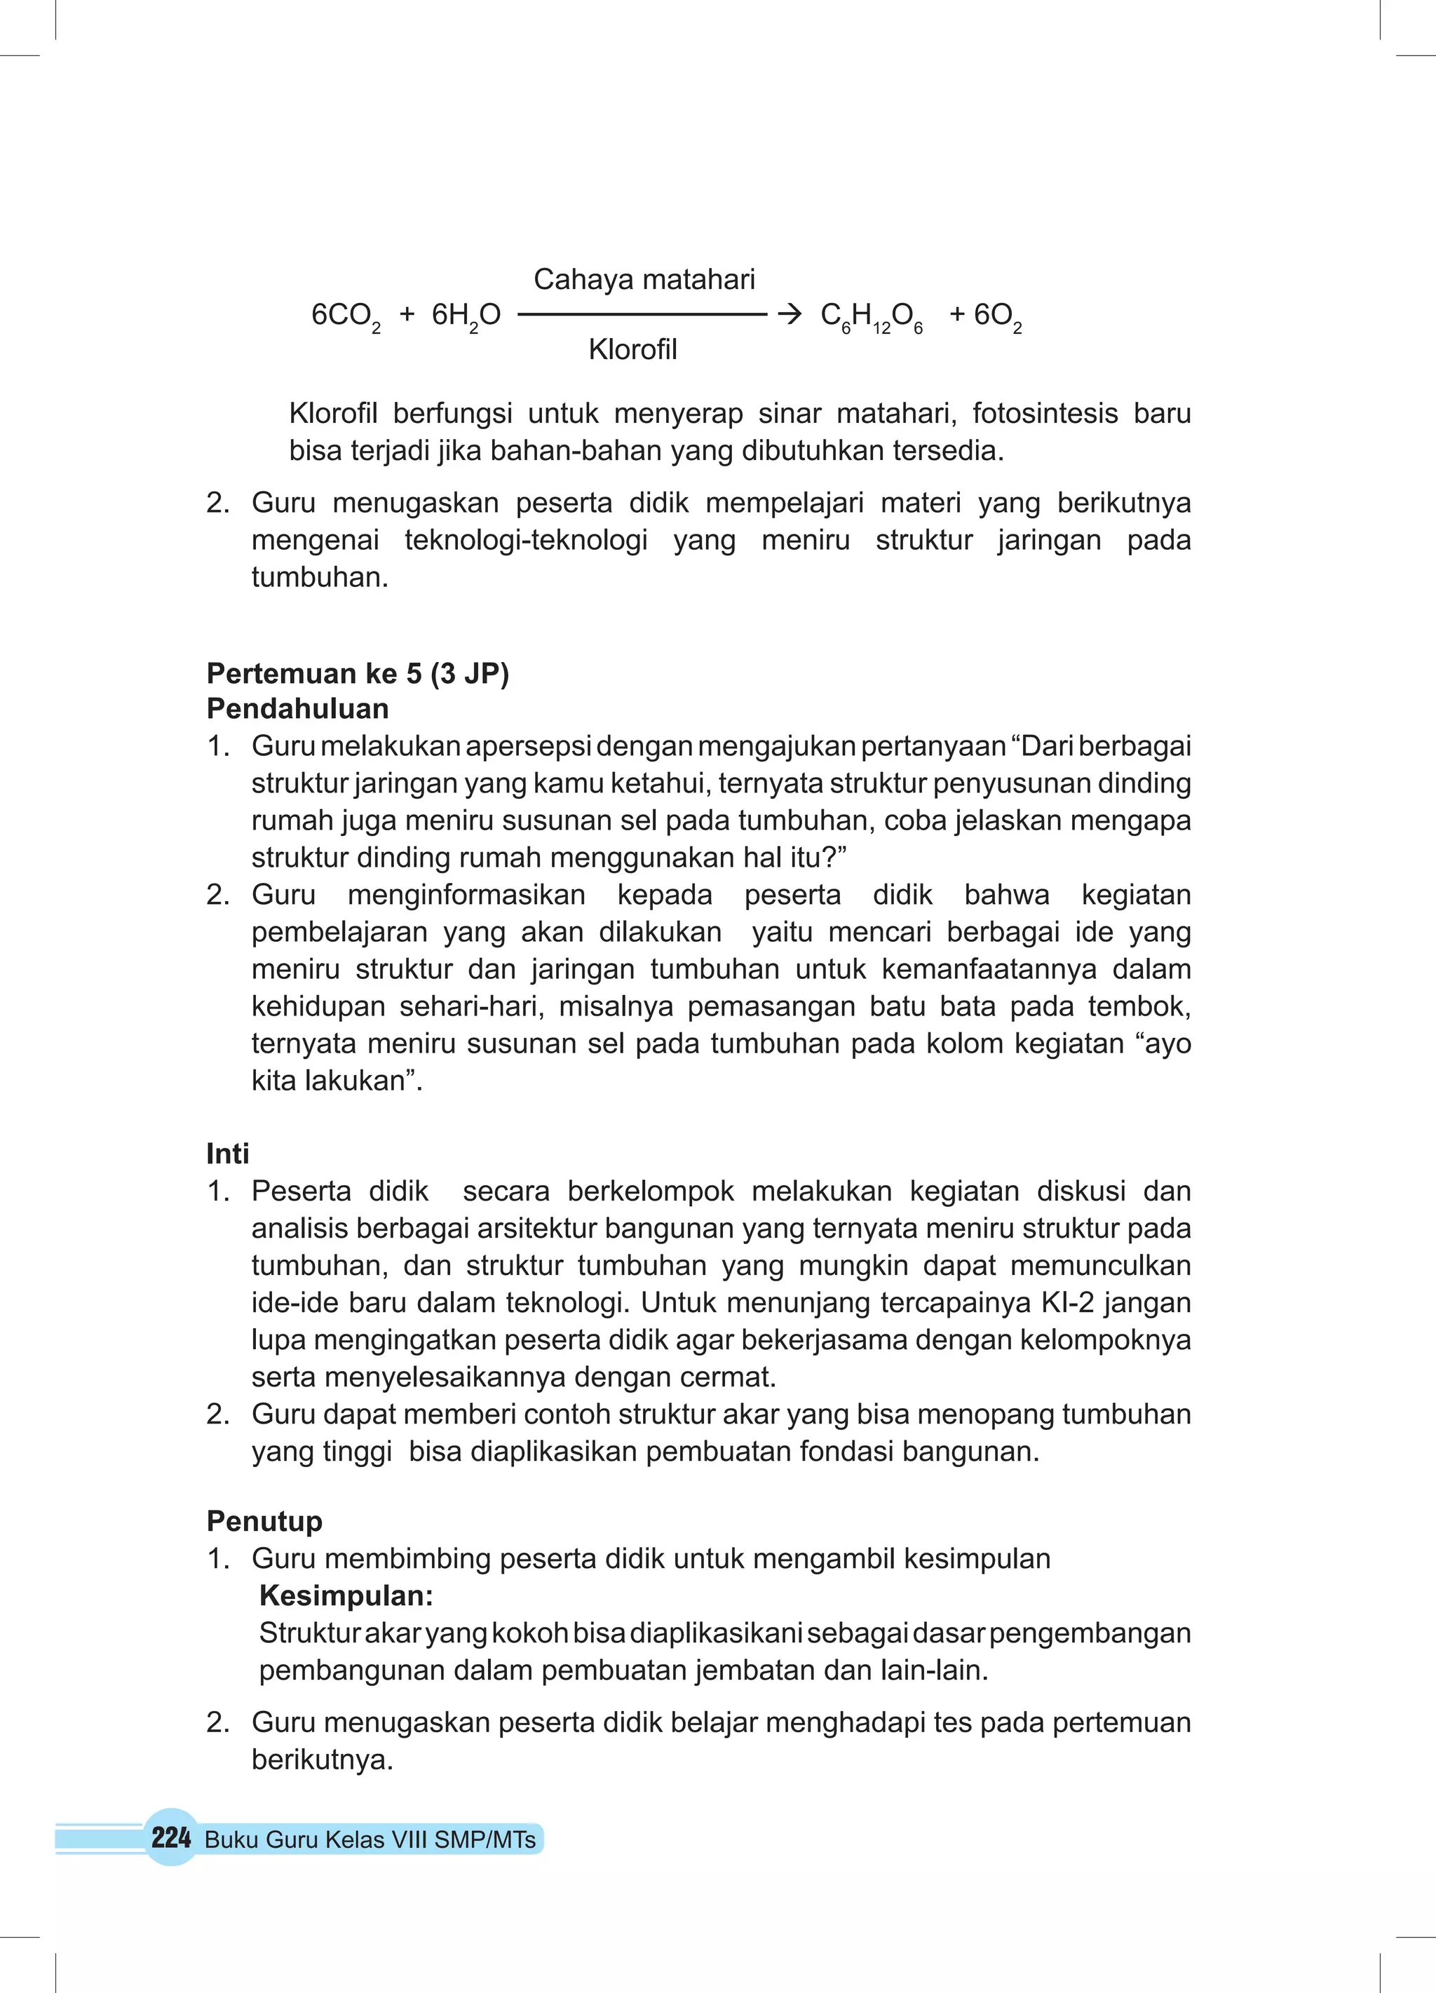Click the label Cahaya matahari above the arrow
(x=644, y=279)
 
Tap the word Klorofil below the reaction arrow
(x=632, y=350)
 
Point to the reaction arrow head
(x=790, y=313)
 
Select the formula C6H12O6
(x=871, y=316)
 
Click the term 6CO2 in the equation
(x=346, y=316)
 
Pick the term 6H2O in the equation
(x=466, y=316)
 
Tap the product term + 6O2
(x=985, y=316)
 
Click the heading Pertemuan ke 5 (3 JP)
(x=358, y=673)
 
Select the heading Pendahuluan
(x=297, y=708)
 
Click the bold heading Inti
(x=228, y=1154)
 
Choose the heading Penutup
(x=264, y=1521)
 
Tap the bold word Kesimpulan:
(x=346, y=1596)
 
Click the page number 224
(x=170, y=1837)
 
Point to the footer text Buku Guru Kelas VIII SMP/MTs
(x=370, y=1839)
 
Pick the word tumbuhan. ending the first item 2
(x=320, y=577)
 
